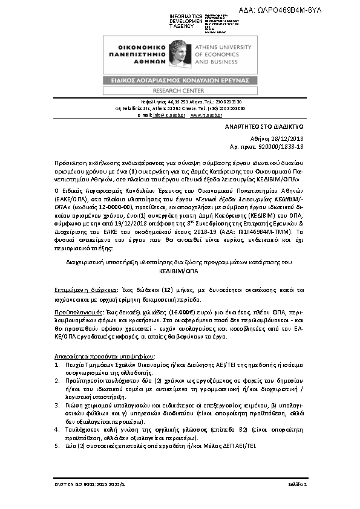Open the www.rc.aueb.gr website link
click(x=206, y=114)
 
